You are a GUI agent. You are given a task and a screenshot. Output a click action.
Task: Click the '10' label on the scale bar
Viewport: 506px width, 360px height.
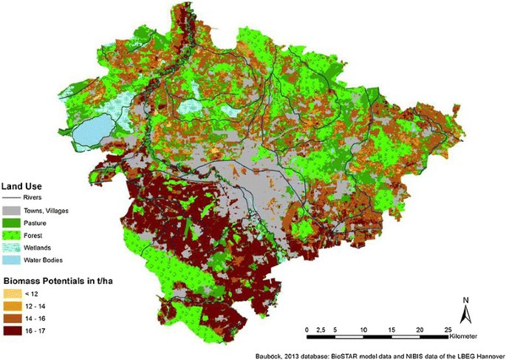click(x=363, y=328)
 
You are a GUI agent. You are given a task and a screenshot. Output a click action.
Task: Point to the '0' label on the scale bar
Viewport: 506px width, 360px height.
click(x=307, y=328)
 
